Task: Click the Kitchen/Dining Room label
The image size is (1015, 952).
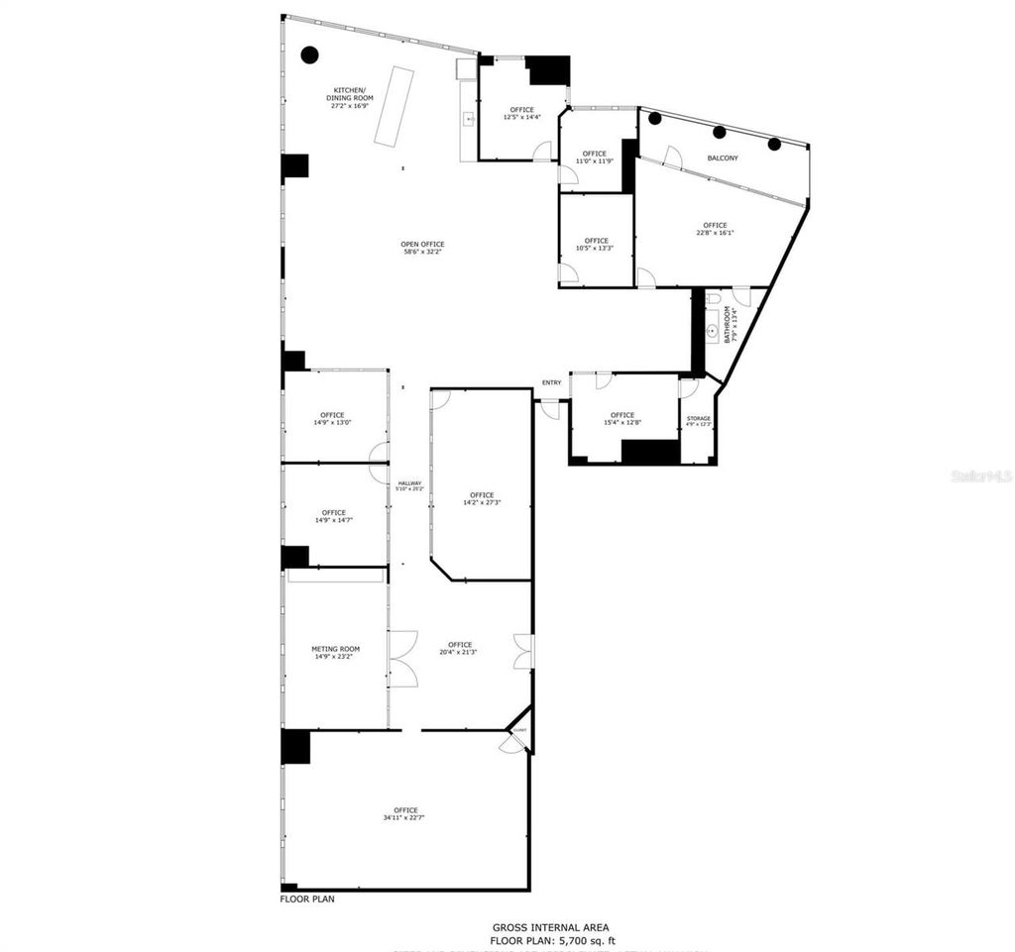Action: (350, 94)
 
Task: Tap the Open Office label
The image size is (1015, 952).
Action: (422, 245)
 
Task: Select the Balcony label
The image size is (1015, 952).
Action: (722, 159)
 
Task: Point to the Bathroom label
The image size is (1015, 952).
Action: (730, 324)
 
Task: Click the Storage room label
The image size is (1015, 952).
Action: (698, 419)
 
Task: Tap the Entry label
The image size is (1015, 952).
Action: (551, 383)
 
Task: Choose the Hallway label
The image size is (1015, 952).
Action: (409, 483)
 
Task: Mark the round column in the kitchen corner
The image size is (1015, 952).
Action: (309, 54)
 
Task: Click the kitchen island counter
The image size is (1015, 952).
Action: (393, 107)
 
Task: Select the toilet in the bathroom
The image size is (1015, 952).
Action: (713, 298)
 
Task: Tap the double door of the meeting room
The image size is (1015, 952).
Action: (402, 658)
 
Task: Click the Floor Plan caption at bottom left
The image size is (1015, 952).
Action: (307, 899)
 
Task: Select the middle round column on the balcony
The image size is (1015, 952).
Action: (720, 132)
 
